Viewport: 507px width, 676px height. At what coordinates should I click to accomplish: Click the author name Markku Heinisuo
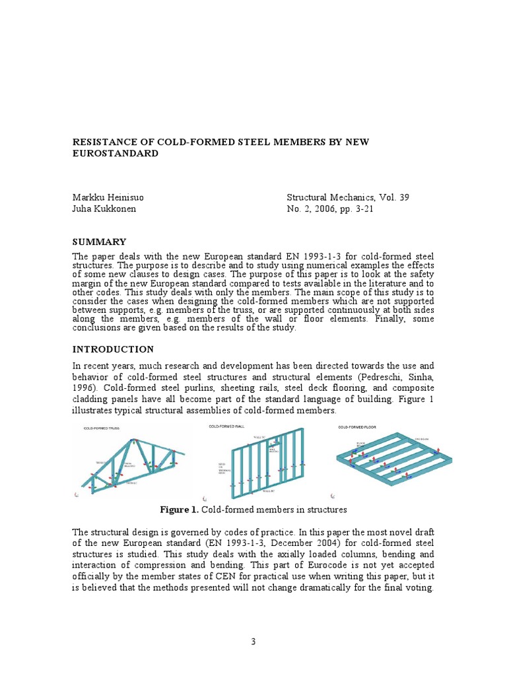coord(110,197)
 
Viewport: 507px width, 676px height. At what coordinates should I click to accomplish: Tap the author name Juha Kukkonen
coord(104,209)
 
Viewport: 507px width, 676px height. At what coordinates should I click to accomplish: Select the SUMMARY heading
coord(99,242)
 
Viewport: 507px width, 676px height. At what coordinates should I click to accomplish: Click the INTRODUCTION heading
coord(113,349)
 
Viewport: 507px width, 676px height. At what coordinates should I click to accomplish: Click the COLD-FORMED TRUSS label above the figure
coord(105,428)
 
